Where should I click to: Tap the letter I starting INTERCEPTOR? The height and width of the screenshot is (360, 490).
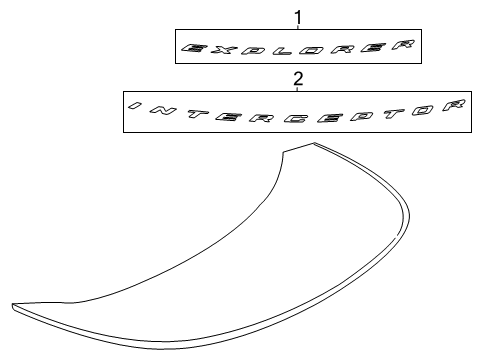[x=135, y=104]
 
